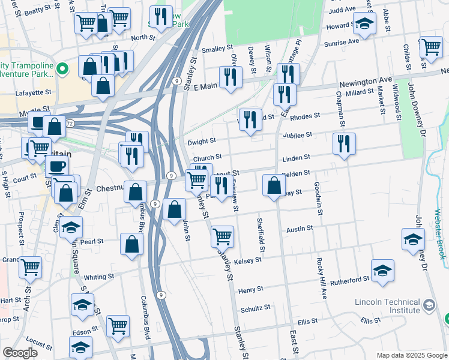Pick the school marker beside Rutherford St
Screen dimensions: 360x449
tap(382, 271)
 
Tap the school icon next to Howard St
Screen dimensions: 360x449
tap(364, 24)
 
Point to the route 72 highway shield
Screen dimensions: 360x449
tap(70, 123)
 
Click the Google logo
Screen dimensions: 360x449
tap(20, 353)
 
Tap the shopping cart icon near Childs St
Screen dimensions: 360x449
tap(431, 47)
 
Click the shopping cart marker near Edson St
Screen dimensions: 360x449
tap(118, 326)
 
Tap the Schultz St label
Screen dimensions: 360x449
tap(256, 308)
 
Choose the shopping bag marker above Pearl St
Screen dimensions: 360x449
tap(131, 244)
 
